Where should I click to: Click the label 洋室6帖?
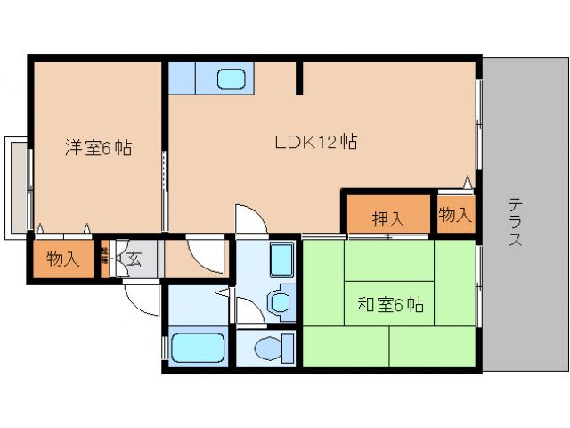pos(97,148)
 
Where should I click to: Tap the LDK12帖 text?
pos(315,142)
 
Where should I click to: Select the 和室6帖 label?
pos(392,306)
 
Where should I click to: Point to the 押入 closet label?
pos(387,218)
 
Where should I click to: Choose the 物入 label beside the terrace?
pos(455,216)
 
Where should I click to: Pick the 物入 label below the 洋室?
pos(63,259)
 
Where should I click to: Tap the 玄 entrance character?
pos(134,259)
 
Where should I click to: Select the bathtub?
pos(198,348)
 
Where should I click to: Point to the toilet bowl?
pos(269,347)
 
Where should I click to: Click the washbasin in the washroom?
pos(281,300)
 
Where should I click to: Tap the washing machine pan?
pos(281,260)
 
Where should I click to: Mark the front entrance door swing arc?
pos(141,298)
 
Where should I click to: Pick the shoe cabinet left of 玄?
pos(103,259)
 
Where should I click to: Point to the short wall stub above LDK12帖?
pos(300,77)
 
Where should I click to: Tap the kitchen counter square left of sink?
pos(182,78)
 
